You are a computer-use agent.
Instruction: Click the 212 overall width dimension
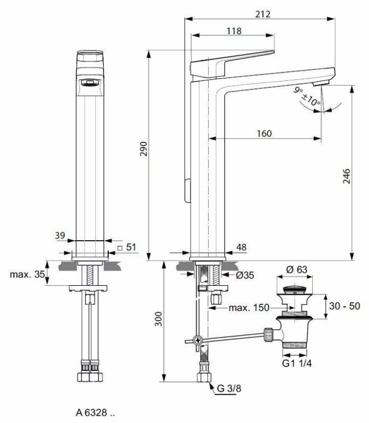click(x=263, y=14)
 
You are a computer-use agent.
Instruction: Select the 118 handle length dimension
click(x=234, y=31)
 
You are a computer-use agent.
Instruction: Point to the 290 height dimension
click(x=143, y=149)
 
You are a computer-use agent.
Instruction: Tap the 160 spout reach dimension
click(x=264, y=133)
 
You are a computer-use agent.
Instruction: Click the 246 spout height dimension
click(x=346, y=176)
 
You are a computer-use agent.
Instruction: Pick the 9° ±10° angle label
click(x=306, y=97)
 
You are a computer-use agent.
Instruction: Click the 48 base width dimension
click(x=241, y=247)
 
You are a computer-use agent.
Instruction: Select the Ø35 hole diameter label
click(x=245, y=275)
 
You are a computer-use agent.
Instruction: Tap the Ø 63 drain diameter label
click(x=296, y=270)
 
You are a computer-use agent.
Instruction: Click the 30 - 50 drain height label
click(x=344, y=306)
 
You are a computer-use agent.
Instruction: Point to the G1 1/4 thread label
click(x=296, y=364)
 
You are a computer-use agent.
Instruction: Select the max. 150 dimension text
click(x=249, y=307)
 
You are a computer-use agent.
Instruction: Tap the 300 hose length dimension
click(x=158, y=319)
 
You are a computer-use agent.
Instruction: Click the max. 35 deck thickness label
click(x=27, y=274)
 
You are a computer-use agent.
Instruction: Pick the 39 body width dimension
click(x=60, y=235)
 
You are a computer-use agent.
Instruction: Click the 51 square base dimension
click(x=127, y=247)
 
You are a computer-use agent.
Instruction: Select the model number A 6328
click(x=95, y=412)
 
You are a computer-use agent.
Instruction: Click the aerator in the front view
click(x=90, y=82)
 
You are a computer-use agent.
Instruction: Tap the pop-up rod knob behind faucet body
click(x=187, y=190)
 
